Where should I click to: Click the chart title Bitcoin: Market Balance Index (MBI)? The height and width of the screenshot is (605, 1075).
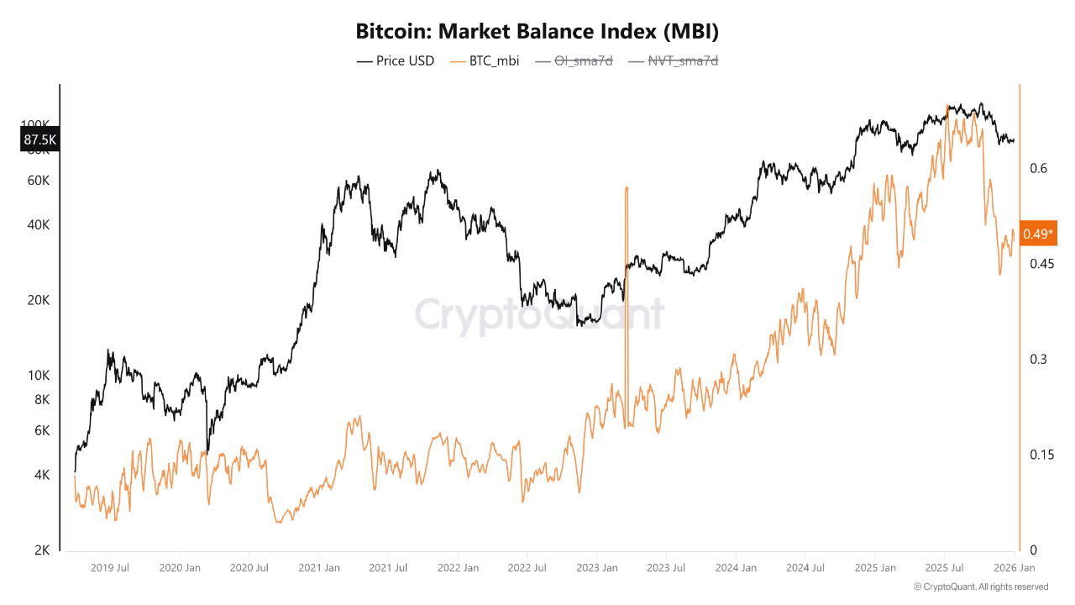click(537, 32)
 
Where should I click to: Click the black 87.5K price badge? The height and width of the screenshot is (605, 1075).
click(39, 139)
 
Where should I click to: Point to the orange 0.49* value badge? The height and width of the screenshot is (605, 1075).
click(1038, 234)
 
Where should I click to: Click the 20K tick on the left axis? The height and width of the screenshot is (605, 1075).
click(39, 300)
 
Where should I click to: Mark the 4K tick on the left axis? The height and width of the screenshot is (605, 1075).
click(42, 475)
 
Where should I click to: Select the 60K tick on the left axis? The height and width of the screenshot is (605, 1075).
click(39, 181)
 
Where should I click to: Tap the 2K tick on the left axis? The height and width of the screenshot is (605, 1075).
click(42, 550)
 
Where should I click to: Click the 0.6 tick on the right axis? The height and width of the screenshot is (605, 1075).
click(1039, 168)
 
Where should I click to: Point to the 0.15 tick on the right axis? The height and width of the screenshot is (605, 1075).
click(1041, 455)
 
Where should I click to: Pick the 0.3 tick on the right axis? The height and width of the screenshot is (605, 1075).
click(1039, 359)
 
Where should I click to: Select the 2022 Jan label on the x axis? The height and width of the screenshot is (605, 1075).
click(458, 568)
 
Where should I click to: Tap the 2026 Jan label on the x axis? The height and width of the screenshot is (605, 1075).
click(1015, 568)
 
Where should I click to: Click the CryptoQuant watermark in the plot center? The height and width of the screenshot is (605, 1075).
click(539, 315)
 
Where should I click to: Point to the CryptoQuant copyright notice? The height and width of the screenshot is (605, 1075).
click(980, 587)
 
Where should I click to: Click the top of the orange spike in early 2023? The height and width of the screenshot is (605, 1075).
click(627, 188)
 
